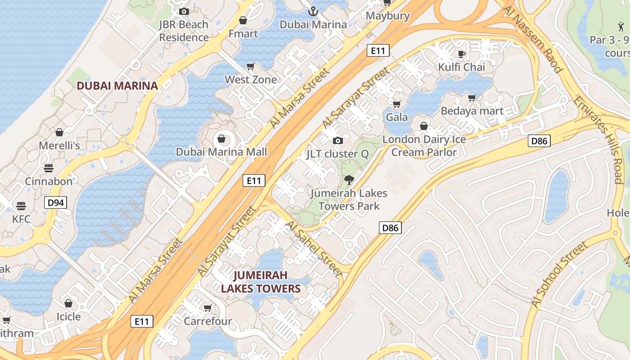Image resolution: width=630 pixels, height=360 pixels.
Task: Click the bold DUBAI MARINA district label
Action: (x=117, y=85)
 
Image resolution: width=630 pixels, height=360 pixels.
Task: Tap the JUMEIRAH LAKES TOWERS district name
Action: (x=261, y=282)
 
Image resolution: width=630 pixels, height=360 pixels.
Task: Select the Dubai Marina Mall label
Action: (x=221, y=152)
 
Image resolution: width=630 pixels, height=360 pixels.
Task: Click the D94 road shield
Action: (x=56, y=202)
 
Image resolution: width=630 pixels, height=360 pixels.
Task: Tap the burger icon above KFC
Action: (x=21, y=206)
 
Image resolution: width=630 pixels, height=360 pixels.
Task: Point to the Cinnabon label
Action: (x=49, y=181)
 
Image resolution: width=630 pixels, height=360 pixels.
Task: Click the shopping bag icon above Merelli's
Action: (x=59, y=132)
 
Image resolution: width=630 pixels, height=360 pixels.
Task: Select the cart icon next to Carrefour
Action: (x=207, y=308)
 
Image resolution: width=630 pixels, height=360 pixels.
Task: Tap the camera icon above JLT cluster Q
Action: (x=337, y=141)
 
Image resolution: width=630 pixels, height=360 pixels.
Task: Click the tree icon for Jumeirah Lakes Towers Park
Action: (x=348, y=180)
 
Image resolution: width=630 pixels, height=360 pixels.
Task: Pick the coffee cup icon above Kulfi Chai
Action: (x=461, y=54)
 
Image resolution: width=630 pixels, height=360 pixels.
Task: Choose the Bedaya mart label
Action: (x=472, y=111)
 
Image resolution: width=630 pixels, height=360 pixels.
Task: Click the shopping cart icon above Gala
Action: (x=396, y=104)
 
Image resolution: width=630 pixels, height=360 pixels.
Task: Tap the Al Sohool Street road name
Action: (x=559, y=275)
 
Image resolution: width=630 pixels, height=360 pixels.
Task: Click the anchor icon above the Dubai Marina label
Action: (x=313, y=11)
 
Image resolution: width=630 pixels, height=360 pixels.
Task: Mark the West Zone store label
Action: (x=251, y=80)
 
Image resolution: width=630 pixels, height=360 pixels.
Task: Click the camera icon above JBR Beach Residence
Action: (x=184, y=12)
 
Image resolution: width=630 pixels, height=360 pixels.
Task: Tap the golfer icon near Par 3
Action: (x=621, y=27)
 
